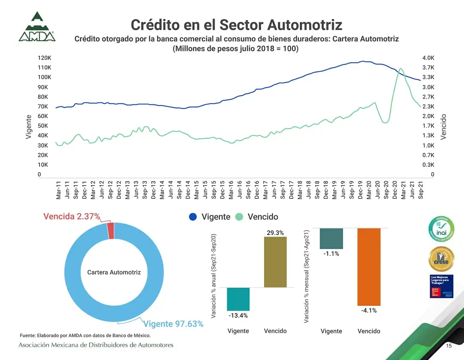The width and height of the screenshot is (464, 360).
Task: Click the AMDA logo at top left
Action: click(37, 27)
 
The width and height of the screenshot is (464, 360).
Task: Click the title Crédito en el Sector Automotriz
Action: click(237, 24)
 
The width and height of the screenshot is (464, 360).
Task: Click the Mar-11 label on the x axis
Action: click(58, 190)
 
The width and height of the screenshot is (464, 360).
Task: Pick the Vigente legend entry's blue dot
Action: click(193, 217)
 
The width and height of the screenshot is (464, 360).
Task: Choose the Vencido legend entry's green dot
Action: click(240, 217)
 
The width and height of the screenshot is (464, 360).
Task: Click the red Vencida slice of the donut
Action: click(111, 231)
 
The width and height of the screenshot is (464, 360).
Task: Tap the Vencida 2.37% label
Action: click(71, 216)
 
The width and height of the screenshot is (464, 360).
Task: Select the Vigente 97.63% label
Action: click(173, 324)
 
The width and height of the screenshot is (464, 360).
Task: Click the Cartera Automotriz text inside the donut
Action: click(114, 272)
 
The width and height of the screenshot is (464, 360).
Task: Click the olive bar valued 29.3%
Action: click(275, 262)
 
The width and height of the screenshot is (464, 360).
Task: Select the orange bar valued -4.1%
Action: click(369, 266)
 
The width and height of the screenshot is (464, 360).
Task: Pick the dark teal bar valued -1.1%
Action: click(332, 238)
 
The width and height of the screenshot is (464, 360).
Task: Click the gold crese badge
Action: click(441, 259)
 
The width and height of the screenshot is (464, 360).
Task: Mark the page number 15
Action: click(449, 346)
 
